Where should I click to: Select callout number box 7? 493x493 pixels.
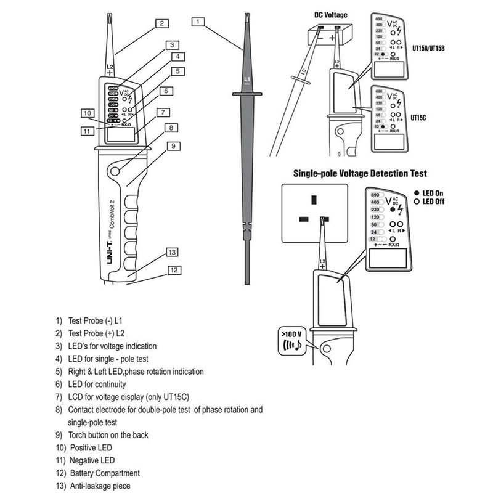tap(163, 113)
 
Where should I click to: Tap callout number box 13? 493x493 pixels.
tap(173, 252)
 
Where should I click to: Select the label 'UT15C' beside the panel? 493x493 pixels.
tap(420, 115)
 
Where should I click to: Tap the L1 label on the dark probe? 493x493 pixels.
tap(246, 80)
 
